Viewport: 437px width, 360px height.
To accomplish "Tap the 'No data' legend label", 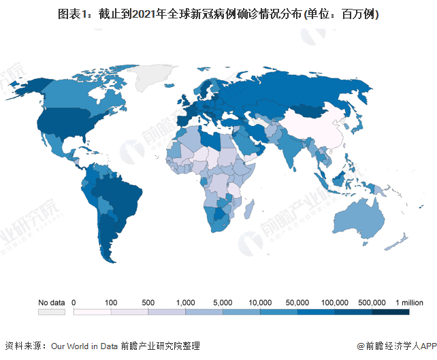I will tap(51, 302).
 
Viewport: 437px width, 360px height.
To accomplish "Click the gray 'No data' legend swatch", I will tap(51, 312).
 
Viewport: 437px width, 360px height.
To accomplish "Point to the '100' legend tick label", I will tap(111, 302).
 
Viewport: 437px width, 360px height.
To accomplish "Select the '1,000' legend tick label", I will tap(185, 302).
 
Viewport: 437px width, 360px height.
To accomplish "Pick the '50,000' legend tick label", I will tap(298, 302).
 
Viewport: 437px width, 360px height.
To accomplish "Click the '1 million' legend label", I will tap(408, 302).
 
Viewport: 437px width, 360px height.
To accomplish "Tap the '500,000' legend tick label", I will tap(372, 302).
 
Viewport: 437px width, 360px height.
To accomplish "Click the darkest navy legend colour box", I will tap(391, 312).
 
